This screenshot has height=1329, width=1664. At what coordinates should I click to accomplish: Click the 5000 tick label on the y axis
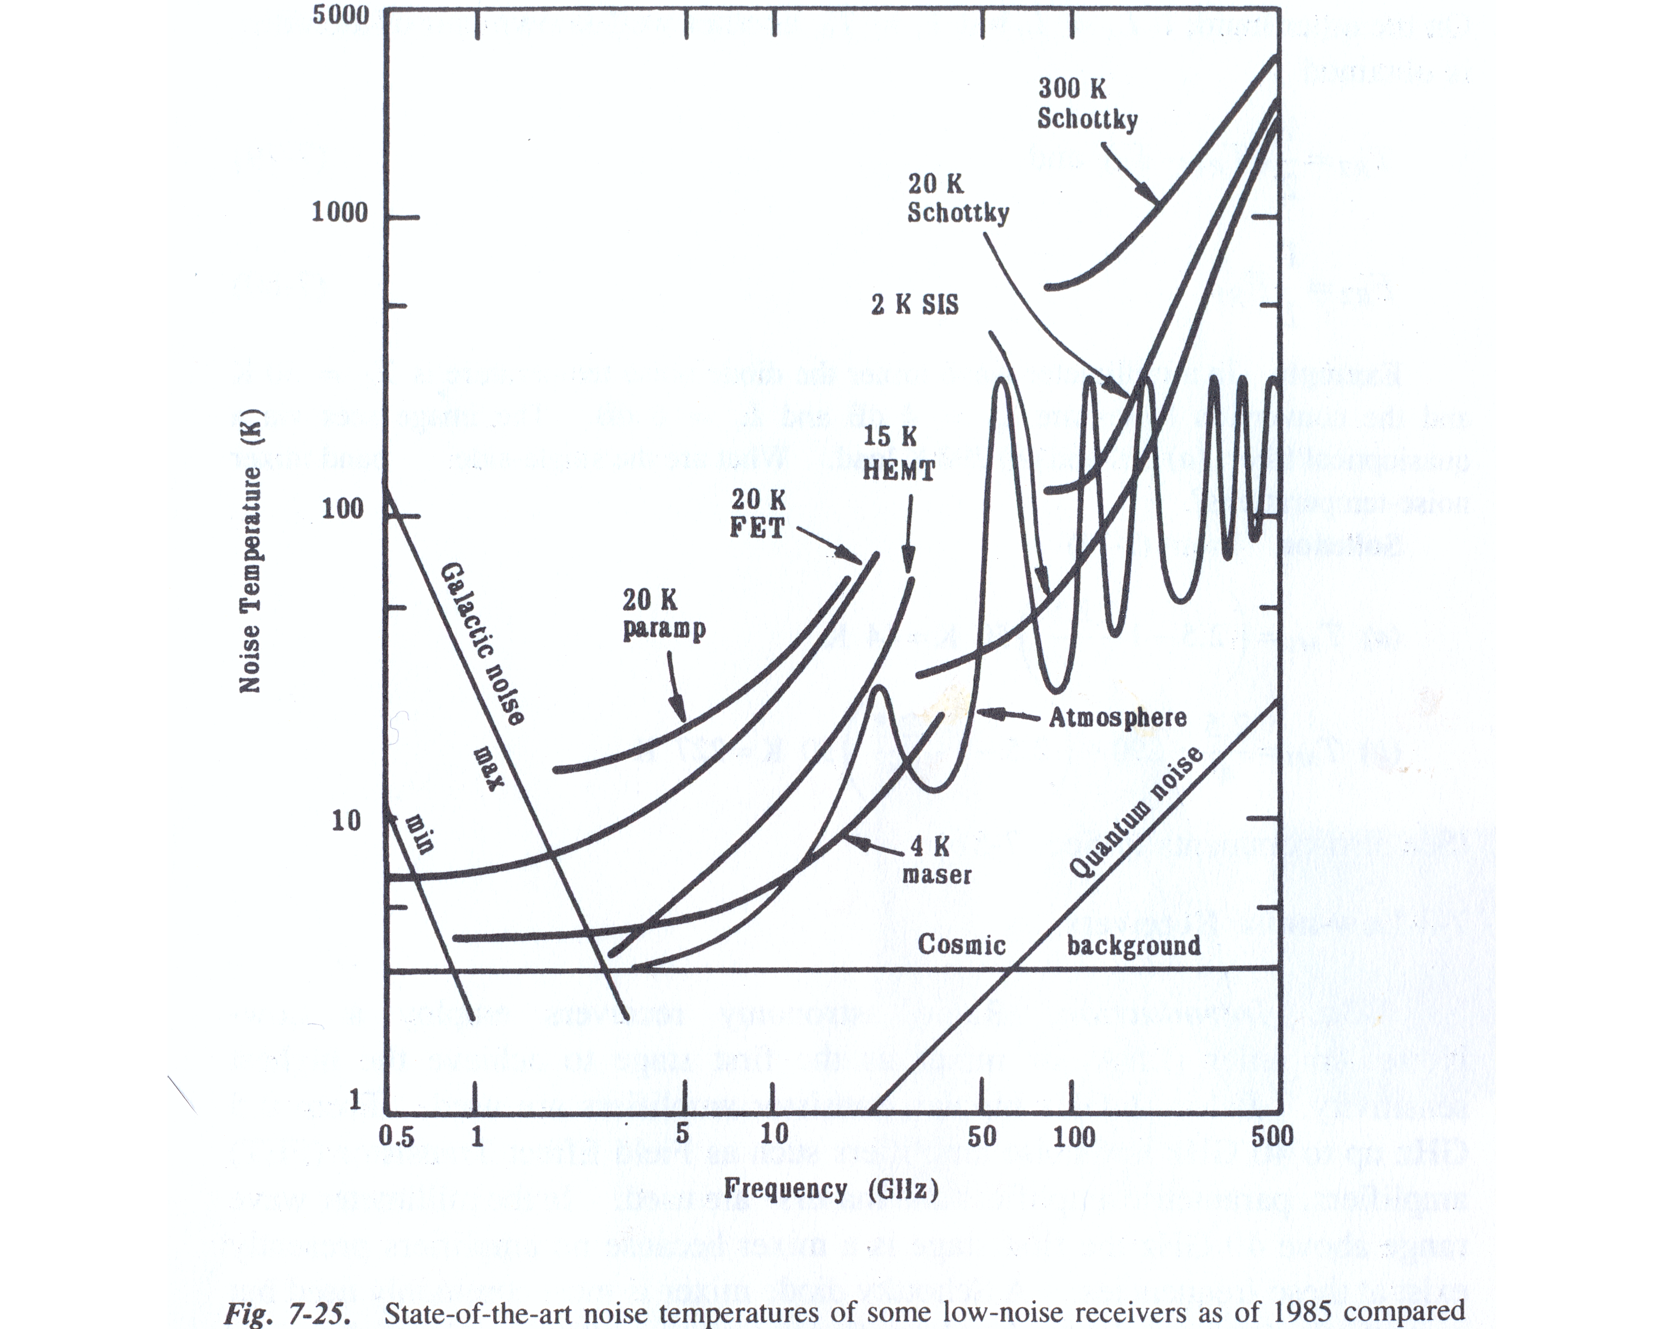pyautogui.click(x=340, y=15)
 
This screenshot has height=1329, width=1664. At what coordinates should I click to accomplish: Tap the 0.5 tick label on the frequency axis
pyautogui.click(x=396, y=1136)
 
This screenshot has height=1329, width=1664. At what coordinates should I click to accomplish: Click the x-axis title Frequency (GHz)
pyautogui.click(x=831, y=1189)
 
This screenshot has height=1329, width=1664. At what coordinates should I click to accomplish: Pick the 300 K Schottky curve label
pyautogui.click(x=1087, y=104)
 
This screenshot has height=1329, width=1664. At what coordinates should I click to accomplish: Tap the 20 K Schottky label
pyautogui.click(x=958, y=198)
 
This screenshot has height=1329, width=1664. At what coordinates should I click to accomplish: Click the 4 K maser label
pyautogui.click(x=936, y=860)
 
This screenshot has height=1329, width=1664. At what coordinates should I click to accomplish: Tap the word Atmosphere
pyautogui.click(x=1117, y=718)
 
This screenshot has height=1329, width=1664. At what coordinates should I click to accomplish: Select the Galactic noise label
pyautogui.click(x=482, y=645)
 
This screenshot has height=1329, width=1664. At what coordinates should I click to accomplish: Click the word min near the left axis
pyautogui.click(x=419, y=834)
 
